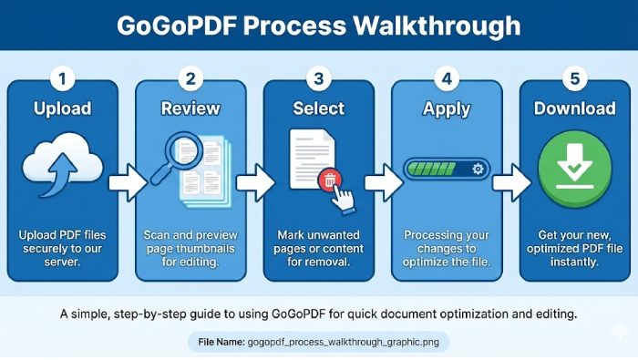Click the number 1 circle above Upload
point(62,78)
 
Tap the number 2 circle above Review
point(190,78)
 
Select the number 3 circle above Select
point(318,78)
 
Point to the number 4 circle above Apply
point(446,78)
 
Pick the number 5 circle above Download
point(574,78)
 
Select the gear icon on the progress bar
point(477,170)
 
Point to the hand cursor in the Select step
point(343,194)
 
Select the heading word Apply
point(446,108)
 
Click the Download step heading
point(574,108)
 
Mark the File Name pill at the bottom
point(319,343)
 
